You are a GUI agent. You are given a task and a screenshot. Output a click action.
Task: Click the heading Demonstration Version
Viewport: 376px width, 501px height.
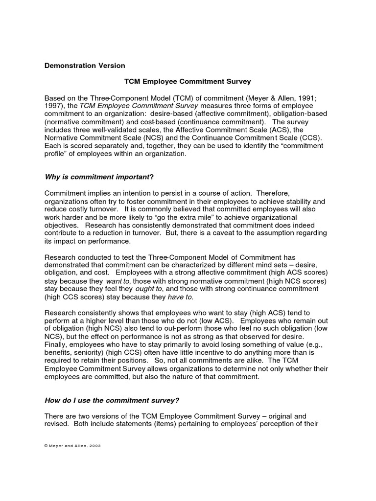(85, 66)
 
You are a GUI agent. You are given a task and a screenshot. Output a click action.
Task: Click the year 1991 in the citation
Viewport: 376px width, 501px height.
(306, 98)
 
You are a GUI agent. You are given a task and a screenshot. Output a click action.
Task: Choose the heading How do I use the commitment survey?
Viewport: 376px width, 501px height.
(112, 400)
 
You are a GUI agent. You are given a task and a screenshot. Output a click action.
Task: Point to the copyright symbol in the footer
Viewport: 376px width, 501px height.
(47, 446)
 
